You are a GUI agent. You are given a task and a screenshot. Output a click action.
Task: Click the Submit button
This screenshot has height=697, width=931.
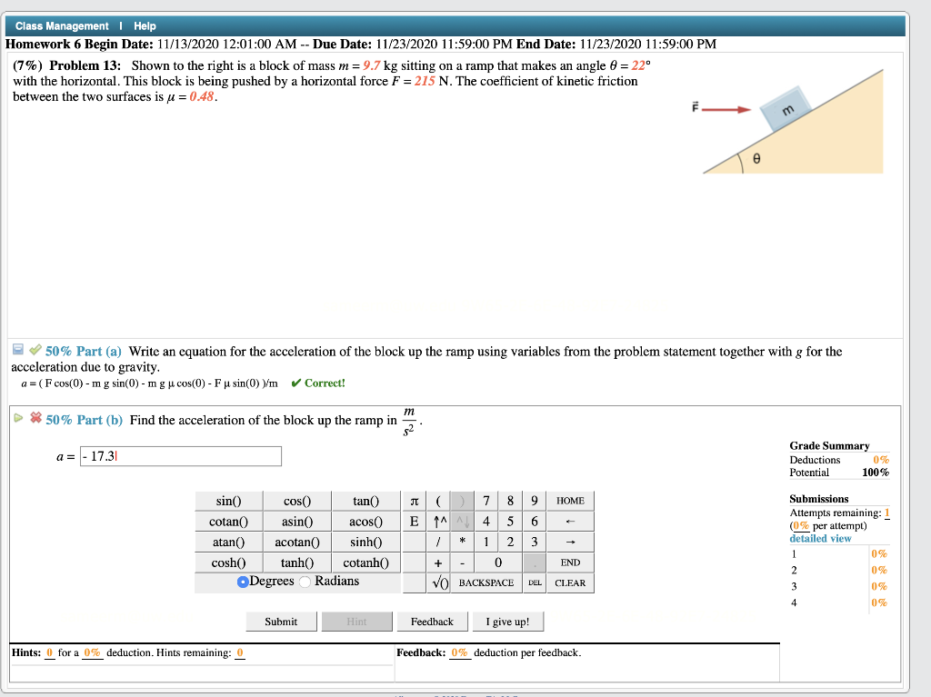click(x=281, y=622)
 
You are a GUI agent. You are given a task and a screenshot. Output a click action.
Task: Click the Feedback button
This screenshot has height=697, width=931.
click(x=432, y=622)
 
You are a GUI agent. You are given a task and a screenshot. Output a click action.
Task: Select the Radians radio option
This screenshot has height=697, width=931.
click(x=308, y=582)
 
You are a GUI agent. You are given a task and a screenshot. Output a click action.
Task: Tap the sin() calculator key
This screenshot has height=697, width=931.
click(x=228, y=502)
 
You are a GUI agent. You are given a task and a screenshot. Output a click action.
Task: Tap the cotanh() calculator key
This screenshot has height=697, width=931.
click(x=366, y=563)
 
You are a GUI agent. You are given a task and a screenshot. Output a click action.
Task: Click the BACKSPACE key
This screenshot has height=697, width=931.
click(x=486, y=582)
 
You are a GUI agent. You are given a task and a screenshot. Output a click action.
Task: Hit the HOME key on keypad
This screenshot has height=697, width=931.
click(x=570, y=502)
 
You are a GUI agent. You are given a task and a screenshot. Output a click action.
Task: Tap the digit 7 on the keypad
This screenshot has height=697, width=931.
click(x=487, y=502)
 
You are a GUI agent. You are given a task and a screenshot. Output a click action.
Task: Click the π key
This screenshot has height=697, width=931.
click(x=415, y=502)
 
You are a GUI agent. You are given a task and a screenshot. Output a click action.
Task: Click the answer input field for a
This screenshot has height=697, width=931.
click(x=181, y=456)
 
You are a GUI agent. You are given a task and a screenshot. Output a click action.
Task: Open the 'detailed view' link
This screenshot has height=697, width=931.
click(x=820, y=539)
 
